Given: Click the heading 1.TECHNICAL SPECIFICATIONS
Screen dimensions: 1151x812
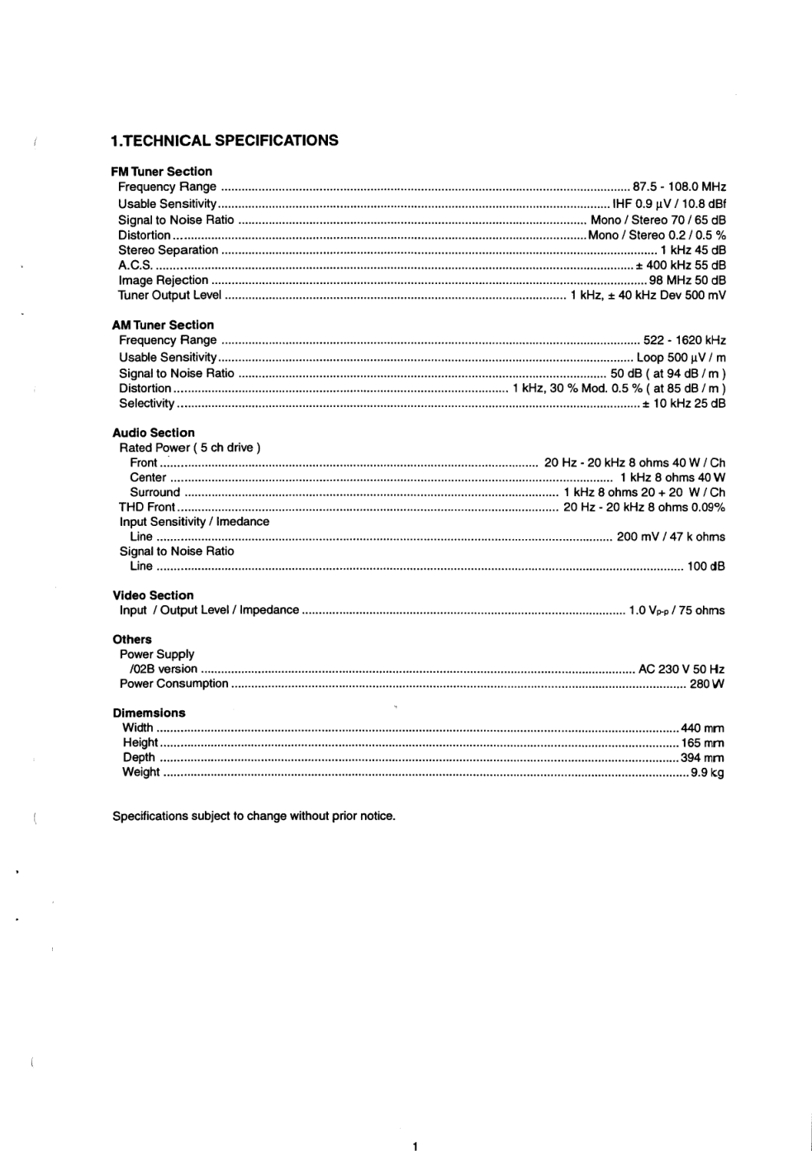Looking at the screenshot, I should tap(224, 140).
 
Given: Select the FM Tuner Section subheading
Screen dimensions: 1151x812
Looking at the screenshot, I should tap(161, 172).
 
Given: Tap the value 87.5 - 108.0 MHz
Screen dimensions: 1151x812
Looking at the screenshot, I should tap(679, 187).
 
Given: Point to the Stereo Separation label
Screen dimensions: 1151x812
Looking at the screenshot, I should tap(169, 250).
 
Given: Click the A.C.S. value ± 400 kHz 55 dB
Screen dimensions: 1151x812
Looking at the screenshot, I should tap(680, 265).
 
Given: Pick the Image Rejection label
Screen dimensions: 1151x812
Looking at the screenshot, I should tap(163, 280).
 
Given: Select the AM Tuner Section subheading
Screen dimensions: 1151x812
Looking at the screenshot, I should tap(163, 325).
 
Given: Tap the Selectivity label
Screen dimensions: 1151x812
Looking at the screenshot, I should tap(147, 404).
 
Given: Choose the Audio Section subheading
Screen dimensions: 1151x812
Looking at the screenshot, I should tap(154, 433).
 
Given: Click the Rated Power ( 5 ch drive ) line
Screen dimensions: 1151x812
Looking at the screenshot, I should tap(190, 448).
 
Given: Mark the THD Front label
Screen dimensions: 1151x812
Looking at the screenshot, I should tap(147, 507).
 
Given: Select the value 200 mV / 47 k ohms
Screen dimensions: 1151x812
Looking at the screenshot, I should tap(671, 537).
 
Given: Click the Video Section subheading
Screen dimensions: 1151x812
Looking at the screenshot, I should tap(153, 595).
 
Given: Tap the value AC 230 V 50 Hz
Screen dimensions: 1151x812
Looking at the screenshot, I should tap(681, 669).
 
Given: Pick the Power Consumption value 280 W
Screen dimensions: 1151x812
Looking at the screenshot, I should tap(707, 684).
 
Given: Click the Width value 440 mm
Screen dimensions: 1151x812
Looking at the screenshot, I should tap(702, 728).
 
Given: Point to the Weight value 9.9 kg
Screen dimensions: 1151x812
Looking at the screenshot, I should tap(707, 773).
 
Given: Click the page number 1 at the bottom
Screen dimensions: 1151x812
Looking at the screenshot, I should tap(415, 1145).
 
